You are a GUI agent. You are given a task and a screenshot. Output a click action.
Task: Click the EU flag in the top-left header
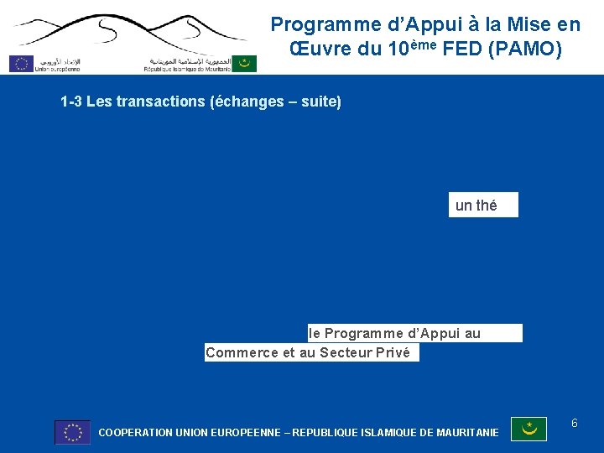coord(21,63)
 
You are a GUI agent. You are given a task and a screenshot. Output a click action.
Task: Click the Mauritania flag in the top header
coord(245,63)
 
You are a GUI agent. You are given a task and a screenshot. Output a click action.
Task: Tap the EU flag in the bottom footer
coord(72,432)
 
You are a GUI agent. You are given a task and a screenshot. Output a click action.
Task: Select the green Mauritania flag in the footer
coord(528,430)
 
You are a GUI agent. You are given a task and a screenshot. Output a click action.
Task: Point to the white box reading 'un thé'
coord(483,206)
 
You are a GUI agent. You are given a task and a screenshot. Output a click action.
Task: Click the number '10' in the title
coord(402,49)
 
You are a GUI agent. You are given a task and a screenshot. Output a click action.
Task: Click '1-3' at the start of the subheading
coord(71,102)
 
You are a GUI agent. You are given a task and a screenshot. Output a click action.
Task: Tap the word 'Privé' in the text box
coord(393,353)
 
